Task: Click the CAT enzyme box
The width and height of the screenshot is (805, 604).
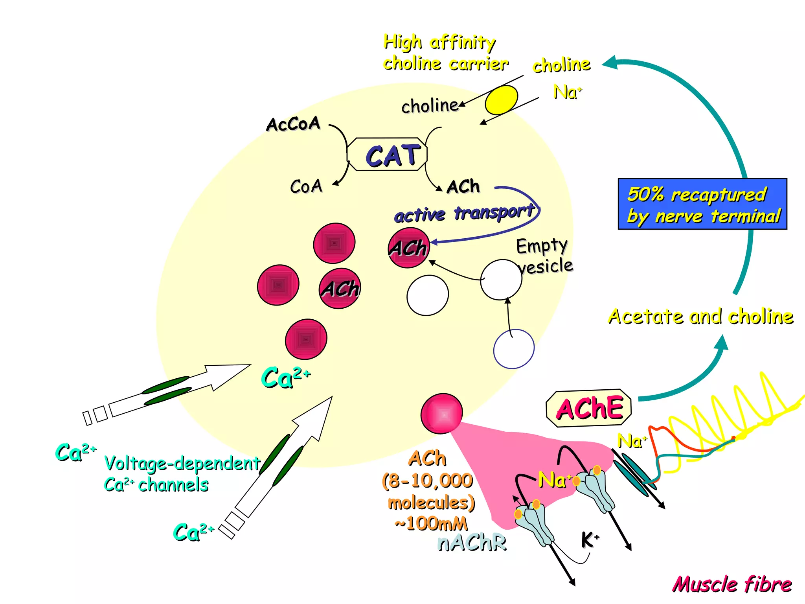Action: [387, 155]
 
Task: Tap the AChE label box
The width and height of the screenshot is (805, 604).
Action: [588, 409]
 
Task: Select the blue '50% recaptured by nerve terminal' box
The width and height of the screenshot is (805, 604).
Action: [702, 204]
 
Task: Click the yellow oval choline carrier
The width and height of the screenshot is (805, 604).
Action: [501, 100]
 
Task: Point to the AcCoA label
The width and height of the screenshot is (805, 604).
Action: [293, 124]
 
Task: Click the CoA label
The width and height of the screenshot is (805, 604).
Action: [306, 186]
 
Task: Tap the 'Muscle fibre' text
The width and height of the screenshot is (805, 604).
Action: [732, 584]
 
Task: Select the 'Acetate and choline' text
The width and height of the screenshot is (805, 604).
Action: [700, 317]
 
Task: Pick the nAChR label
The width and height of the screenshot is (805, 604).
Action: [472, 543]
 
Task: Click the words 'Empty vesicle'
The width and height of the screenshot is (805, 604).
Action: [544, 256]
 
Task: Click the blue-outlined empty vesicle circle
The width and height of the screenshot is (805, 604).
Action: [514, 349]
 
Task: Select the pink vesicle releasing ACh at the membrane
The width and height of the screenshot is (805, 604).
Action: [441, 414]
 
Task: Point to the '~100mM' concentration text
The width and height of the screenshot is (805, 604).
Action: [431, 523]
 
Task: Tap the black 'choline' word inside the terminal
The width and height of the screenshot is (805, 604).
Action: [430, 106]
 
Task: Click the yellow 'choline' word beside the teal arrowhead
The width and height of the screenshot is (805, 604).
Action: [561, 65]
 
